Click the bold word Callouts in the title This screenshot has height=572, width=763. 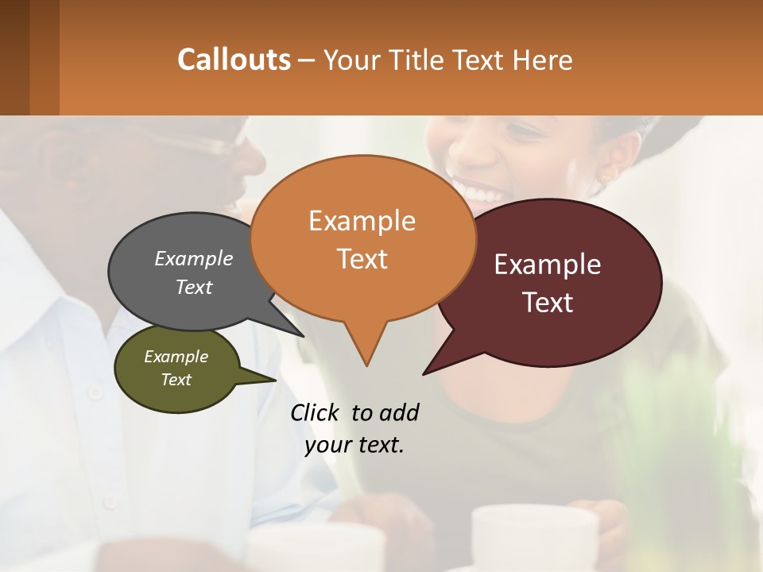point(234,60)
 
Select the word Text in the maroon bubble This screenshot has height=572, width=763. point(548,303)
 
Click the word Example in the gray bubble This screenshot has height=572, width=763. point(193,258)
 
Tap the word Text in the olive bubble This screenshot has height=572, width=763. point(176,380)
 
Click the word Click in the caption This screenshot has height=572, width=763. point(316,412)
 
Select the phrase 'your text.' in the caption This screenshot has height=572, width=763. point(354,446)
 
